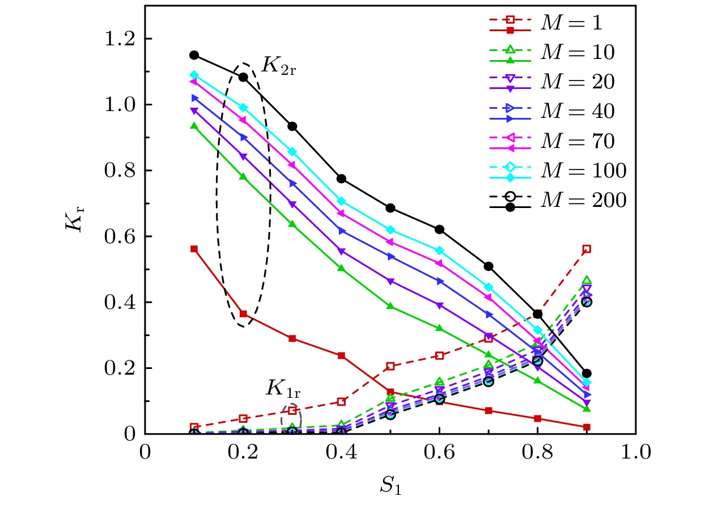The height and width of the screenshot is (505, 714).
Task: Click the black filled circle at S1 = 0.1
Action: (x=194, y=55)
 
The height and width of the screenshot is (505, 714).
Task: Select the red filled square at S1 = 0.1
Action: (x=194, y=249)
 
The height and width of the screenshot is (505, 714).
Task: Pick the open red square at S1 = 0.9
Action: (x=587, y=249)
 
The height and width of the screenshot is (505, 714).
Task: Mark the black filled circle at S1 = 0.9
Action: (x=587, y=374)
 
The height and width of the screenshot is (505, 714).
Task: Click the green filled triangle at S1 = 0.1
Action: (x=194, y=126)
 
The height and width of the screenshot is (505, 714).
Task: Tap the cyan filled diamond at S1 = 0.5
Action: (x=390, y=230)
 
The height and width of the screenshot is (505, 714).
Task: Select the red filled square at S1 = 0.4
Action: (x=341, y=355)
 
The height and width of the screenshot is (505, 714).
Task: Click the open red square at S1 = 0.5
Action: (x=390, y=366)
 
